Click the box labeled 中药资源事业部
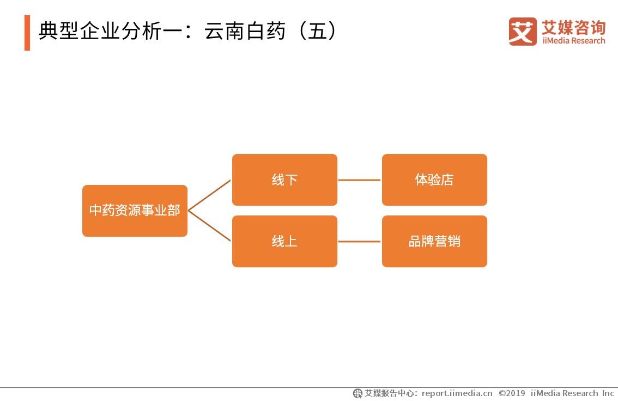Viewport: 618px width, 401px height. [135, 211]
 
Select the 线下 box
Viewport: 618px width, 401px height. [284, 180]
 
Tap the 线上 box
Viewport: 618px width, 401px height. [284, 241]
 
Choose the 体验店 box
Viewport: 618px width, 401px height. [434, 180]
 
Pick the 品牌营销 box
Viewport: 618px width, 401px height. [434, 241]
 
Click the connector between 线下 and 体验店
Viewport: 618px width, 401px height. [359, 180]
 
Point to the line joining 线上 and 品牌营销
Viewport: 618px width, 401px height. [359, 242]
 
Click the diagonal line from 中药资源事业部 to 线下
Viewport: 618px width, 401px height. [210, 195]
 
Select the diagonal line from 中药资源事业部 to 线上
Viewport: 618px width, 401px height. [210, 226]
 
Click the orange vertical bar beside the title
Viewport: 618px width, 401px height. [27, 33]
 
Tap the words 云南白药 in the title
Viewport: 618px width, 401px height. [245, 32]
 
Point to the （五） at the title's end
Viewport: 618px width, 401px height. [317, 32]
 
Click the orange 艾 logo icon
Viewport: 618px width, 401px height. [522, 32]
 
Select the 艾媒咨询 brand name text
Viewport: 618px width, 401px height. [573, 27]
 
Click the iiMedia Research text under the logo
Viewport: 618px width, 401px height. [573, 41]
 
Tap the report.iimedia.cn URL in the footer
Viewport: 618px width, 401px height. [457, 393]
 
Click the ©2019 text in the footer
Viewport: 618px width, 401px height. [512, 393]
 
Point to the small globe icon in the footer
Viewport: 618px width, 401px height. [358, 393]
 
